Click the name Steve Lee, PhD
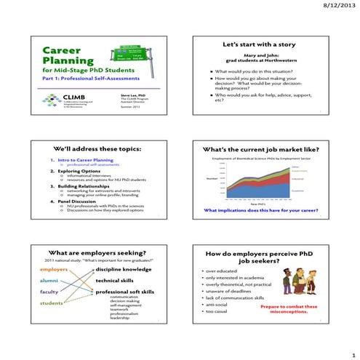pyautogui.click(x=131, y=95)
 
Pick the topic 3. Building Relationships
pyautogui.click(x=80, y=185)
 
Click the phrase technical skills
pyautogui.click(x=116, y=280)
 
